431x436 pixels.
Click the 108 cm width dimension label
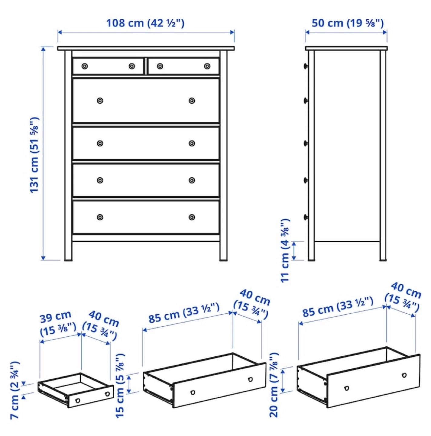click(145, 23)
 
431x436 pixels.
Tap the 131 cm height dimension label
click(34, 155)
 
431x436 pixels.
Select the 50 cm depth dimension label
click(348, 23)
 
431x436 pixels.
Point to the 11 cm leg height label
click(285, 250)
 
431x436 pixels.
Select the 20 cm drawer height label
click(274, 385)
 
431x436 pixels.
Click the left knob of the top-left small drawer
click(85, 66)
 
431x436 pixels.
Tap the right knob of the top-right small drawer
click(207, 66)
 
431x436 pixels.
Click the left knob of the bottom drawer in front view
click(100, 217)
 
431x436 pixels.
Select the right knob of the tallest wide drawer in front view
click(192, 101)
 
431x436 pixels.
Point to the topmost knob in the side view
click(306, 66)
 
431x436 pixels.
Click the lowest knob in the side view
click(306, 217)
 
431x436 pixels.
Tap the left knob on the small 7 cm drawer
click(78, 401)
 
